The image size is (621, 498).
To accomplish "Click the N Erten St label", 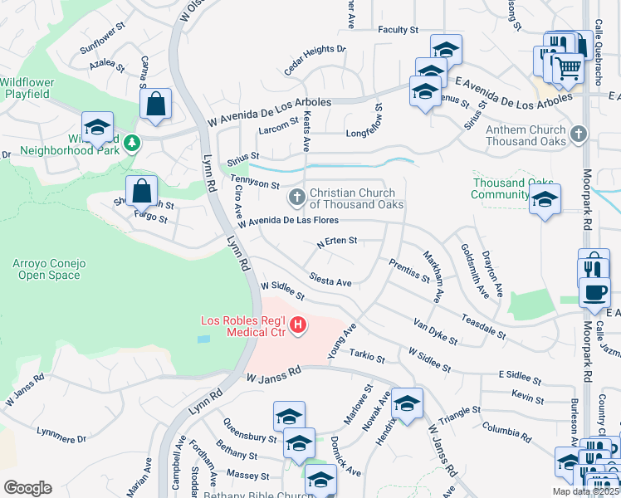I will point(336,242).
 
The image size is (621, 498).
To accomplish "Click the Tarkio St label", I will point(367,358).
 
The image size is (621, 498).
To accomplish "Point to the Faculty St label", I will point(398,30).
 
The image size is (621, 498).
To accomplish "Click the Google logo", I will point(27,487).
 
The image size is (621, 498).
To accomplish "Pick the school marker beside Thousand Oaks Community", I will point(545,199).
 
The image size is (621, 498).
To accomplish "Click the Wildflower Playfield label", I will point(25,88).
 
